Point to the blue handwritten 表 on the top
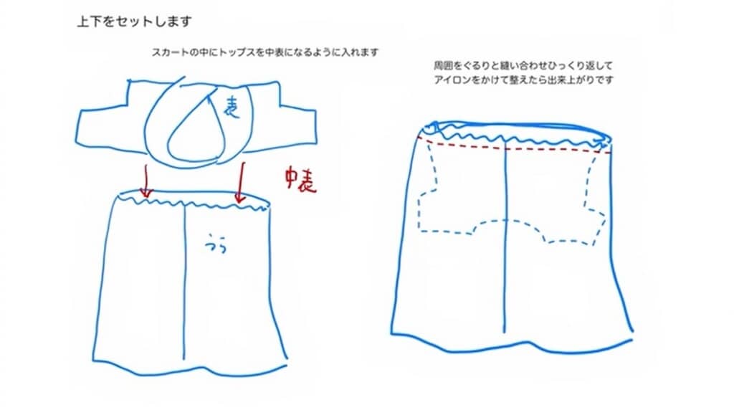[231, 108]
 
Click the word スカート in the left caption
[166, 53]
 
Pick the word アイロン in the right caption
[450, 80]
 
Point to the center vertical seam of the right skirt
[507, 237]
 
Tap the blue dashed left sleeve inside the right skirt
[430, 194]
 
